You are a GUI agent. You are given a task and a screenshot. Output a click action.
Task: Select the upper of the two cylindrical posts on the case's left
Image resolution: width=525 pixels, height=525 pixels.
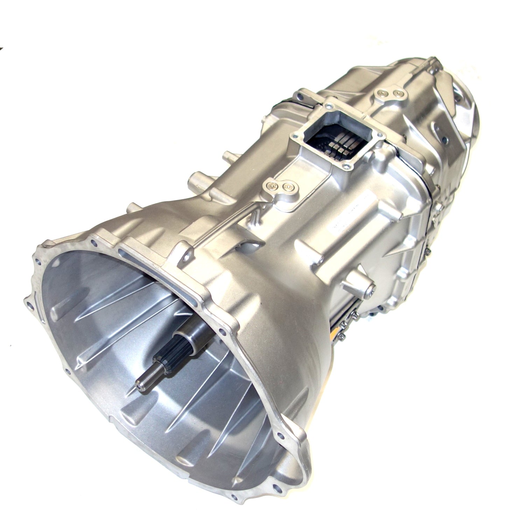coord(226,155)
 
